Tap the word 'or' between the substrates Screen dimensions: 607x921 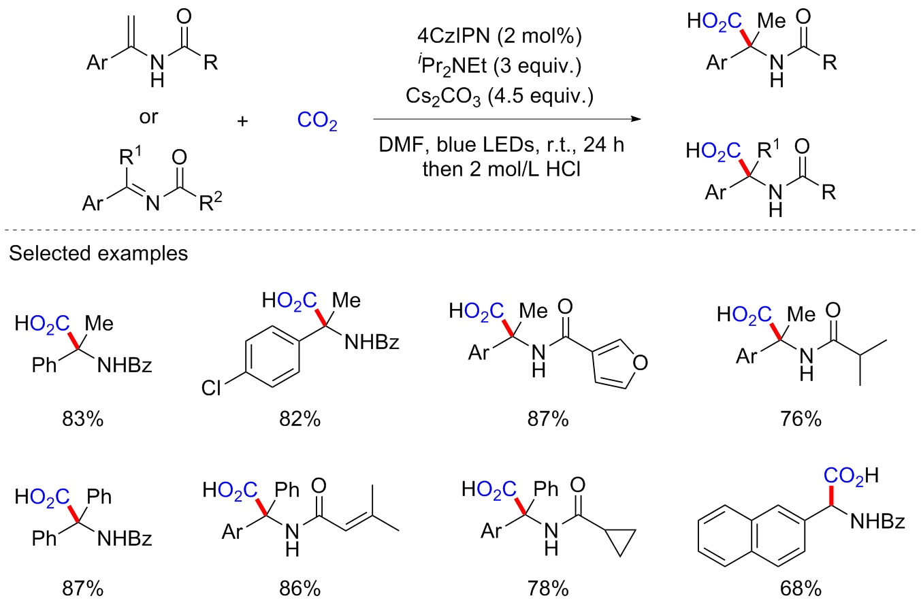[x=148, y=116]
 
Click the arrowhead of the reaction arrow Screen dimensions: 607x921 [x=636, y=119]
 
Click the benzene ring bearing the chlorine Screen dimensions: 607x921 [x=272, y=352]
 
